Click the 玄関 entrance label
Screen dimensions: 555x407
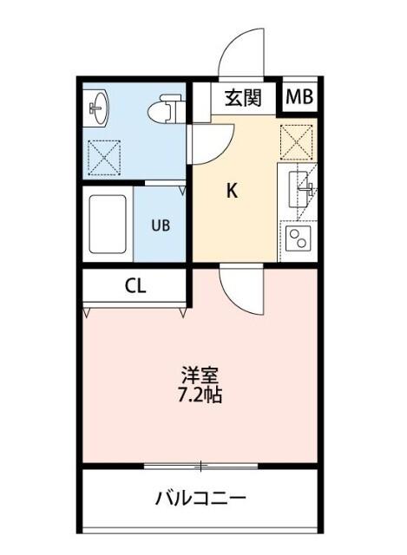244,98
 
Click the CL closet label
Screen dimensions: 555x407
135,285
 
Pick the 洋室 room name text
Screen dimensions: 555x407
200,376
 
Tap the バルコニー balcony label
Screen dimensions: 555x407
201,499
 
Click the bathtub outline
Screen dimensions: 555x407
108,225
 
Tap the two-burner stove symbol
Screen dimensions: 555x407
298,238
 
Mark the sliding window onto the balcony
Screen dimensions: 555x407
200,467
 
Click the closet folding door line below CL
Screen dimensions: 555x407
135,305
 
